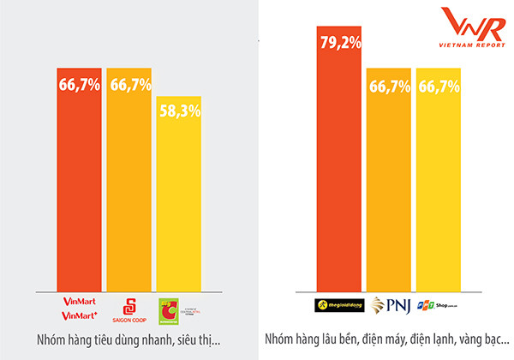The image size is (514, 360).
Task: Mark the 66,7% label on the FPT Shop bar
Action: tap(439, 86)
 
